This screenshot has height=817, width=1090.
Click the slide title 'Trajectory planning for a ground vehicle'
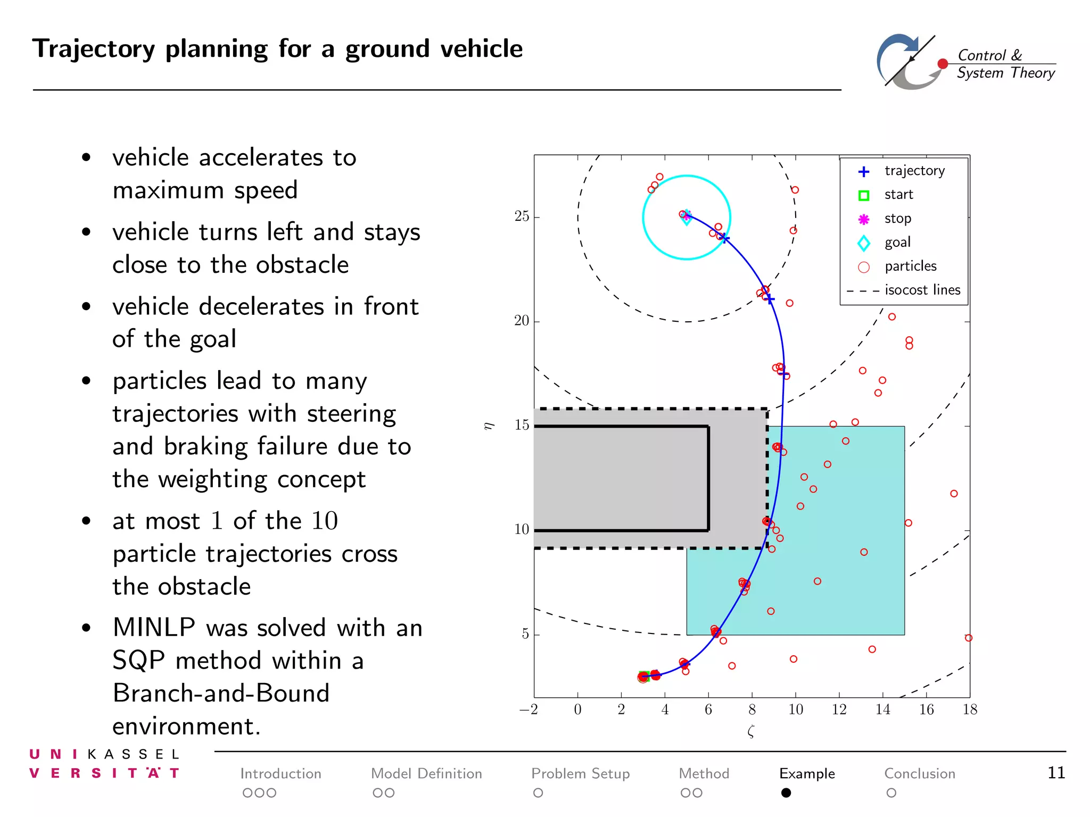pyautogui.click(x=277, y=49)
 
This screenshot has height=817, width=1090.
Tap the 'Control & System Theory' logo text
pyautogui.click(x=1005, y=64)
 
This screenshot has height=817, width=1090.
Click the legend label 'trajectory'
pyautogui.click(x=914, y=171)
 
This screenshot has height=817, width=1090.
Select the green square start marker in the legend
pyautogui.click(x=864, y=196)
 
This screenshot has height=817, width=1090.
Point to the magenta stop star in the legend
pyautogui.click(x=864, y=219)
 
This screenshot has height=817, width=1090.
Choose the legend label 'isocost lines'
pyautogui.click(x=922, y=290)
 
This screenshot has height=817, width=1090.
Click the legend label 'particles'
pyautogui.click(x=910, y=266)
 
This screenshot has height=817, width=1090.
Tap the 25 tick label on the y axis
pyautogui.click(x=522, y=216)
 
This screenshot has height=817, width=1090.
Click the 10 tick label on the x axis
pyautogui.click(x=796, y=710)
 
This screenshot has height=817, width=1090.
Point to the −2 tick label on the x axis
pyautogui.click(x=529, y=710)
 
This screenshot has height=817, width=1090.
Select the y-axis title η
pyautogui.click(x=489, y=426)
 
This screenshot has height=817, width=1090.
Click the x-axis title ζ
pyautogui.click(x=751, y=732)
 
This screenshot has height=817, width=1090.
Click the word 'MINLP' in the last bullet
pyautogui.click(x=154, y=628)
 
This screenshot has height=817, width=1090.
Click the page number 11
pyautogui.click(x=1056, y=773)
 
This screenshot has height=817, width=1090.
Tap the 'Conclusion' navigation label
pyautogui.click(x=920, y=773)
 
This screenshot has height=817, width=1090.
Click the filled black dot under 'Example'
pyautogui.click(x=786, y=793)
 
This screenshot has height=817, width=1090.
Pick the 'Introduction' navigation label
pyautogui.click(x=280, y=773)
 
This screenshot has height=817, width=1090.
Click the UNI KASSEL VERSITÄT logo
pyautogui.click(x=104, y=764)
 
